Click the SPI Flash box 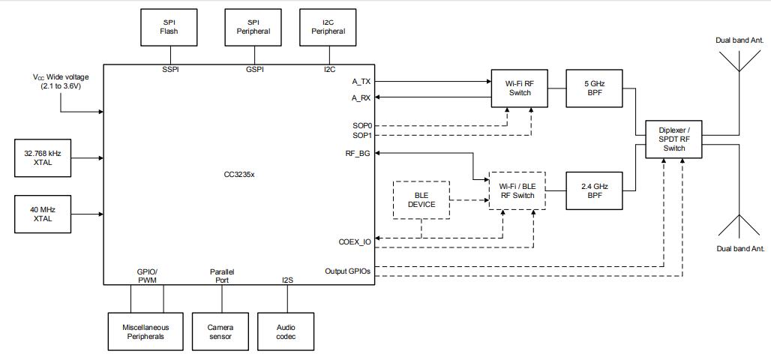(x=168, y=27)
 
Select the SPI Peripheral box (x=253, y=27)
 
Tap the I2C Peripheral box (x=328, y=27)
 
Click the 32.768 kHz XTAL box (x=43, y=157)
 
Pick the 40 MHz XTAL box (x=43, y=214)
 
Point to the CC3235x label (x=238, y=173)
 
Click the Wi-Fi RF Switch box (x=520, y=88)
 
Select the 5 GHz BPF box (x=593, y=88)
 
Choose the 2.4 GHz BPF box (x=593, y=190)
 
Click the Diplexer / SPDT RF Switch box (x=674, y=137)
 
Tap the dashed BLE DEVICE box (x=421, y=199)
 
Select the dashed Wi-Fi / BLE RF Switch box (x=517, y=190)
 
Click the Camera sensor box (x=220, y=331)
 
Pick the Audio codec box (x=286, y=331)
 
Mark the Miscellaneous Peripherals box (x=146, y=331)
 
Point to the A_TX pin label (x=361, y=81)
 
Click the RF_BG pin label (x=359, y=153)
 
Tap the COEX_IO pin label (x=354, y=241)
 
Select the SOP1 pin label (x=363, y=135)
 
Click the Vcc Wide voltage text (x=60, y=82)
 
